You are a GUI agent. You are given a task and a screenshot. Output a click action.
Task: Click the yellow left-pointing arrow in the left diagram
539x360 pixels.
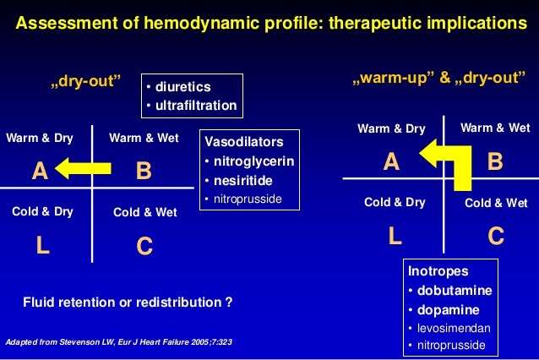tap(87, 172)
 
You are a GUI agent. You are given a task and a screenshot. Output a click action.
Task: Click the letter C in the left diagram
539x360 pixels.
tap(144, 247)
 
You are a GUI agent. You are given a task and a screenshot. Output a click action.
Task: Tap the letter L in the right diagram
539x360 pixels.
tap(395, 237)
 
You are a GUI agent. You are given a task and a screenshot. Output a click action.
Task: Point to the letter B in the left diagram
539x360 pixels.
tap(144, 172)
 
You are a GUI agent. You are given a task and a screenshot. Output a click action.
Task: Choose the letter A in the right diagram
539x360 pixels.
tap(390, 161)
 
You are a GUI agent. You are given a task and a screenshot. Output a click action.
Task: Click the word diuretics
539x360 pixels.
tap(181, 87)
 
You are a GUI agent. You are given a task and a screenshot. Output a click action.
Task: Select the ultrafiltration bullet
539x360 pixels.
tap(193, 106)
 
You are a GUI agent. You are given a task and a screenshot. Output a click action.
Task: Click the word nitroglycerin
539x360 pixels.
tap(251, 161)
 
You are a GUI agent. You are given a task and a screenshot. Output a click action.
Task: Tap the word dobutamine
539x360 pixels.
tap(454, 290)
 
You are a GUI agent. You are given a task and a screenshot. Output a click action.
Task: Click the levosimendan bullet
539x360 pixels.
tap(453, 327)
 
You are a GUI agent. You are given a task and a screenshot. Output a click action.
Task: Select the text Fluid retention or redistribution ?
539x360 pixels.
tap(128, 302)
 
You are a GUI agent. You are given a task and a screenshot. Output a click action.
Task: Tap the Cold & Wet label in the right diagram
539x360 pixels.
tap(496, 203)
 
